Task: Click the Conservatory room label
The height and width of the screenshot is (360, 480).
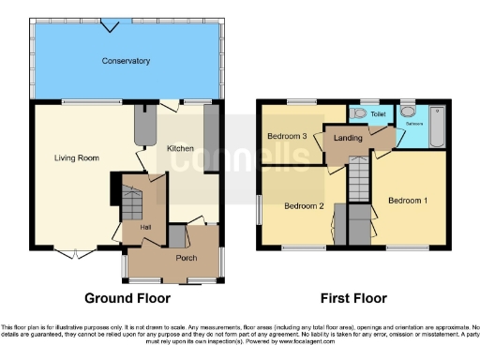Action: pos(126,61)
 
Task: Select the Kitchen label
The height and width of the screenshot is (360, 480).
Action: pos(180,148)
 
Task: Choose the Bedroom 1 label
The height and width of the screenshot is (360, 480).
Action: pos(408,200)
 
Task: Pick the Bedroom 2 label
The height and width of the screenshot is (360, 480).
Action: pos(304,205)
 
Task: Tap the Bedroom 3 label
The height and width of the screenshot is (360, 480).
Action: pos(287,136)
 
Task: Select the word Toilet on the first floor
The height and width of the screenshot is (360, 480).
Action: pos(378,115)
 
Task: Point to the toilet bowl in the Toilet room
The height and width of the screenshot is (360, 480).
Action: pos(360,113)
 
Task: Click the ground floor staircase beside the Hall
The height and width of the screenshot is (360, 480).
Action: pos(131,200)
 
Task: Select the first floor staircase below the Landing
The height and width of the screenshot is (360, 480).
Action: pos(360,178)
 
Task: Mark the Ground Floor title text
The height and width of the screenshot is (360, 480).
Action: pos(127,299)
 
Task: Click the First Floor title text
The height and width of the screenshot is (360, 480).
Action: pos(353,299)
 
